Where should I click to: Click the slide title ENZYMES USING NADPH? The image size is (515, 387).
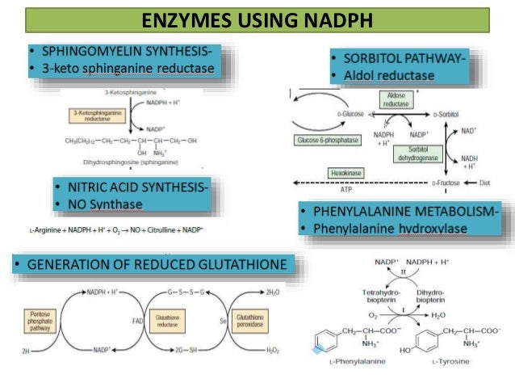[257, 19]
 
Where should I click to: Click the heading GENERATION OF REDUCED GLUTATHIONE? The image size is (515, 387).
[152, 263]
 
